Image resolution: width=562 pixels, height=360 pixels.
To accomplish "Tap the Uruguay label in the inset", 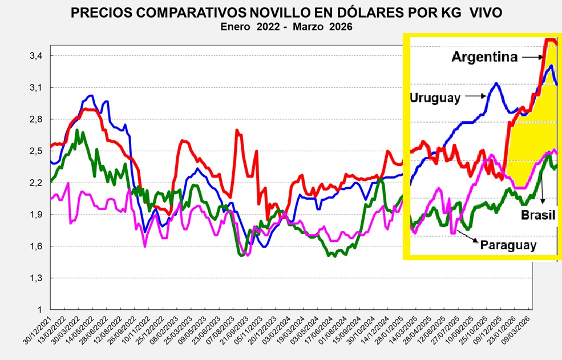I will (435, 98).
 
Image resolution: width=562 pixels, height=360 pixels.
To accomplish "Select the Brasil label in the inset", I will (538, 215).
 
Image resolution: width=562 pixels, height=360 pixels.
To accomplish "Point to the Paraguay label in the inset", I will (508, 245).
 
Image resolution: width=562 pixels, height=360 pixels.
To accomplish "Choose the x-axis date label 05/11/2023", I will (247, 334).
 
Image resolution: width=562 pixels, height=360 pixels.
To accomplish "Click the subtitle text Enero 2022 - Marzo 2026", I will (286, 27).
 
